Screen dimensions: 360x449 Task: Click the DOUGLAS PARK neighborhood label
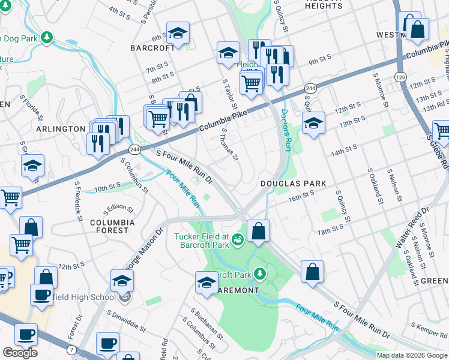(294, 184)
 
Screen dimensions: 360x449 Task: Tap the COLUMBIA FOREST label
(109, 226)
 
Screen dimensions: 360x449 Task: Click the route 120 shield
(400, 76)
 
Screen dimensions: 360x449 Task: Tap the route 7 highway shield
(72, 349)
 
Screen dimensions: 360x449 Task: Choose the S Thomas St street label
(230, 145)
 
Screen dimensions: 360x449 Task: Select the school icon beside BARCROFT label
(178, 35)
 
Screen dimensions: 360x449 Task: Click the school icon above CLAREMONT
(206, 283)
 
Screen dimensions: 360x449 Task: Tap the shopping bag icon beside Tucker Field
(258, 232)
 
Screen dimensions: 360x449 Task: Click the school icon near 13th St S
(313, 123)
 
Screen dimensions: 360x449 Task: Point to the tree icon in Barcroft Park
(260, 274)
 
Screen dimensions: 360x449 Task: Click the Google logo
(20, 353)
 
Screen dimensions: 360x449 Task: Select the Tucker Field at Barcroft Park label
(202, 240)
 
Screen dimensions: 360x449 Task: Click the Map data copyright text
(412, 355)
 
